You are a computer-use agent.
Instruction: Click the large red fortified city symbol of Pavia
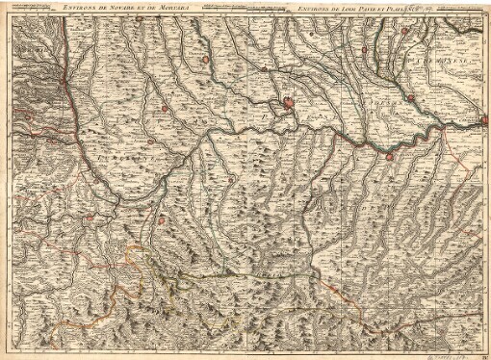click(x=287, y=104)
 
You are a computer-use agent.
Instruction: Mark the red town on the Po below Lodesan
click(x=391, y=154)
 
